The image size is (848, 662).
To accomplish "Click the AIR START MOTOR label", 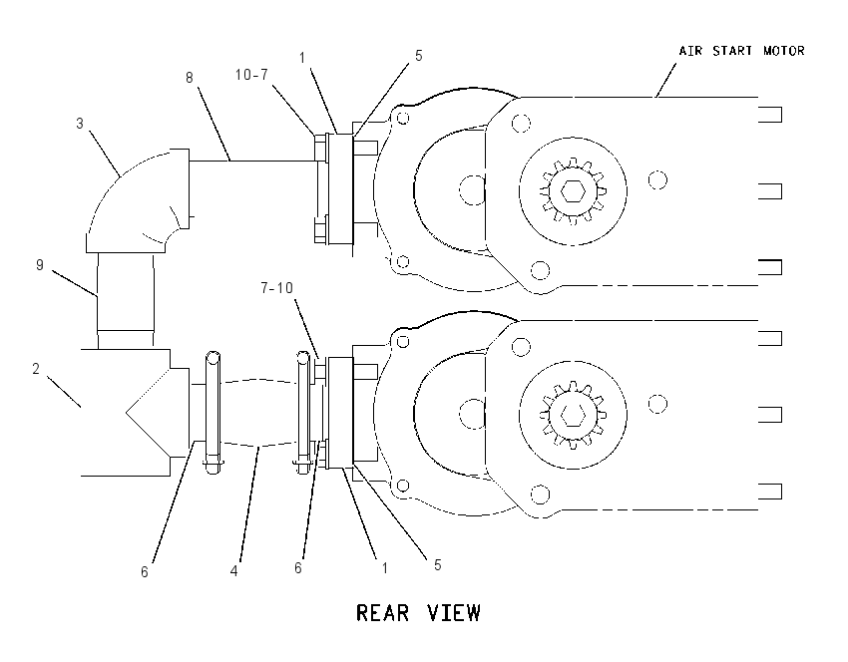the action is coord(741,51).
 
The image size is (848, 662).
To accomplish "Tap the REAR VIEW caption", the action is coord(418,613).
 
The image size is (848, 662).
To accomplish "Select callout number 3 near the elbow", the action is coord(80,124).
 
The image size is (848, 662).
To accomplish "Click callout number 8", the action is coord(190,78).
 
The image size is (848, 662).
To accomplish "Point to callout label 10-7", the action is coord(251,75).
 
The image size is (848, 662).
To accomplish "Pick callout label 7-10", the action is coord(277,288).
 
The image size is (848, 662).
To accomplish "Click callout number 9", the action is coord(40,265).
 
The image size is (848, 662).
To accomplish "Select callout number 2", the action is coord(36,369).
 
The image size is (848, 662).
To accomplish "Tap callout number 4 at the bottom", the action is coord(234,570).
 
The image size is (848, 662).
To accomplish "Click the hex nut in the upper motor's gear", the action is coord(573,190).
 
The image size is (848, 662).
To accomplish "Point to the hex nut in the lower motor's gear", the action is coord(573,415).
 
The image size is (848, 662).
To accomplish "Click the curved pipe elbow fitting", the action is coord(139,200).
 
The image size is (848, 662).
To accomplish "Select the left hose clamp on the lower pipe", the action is coord(212,413).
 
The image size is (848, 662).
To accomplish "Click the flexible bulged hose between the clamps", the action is coord(260,413).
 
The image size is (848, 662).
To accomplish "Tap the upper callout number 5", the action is coord(419,56).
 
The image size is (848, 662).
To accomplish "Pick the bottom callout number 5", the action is coord(438,565).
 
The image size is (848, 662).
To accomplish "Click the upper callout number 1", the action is coord(302,57).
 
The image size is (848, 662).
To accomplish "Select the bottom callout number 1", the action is coord(384,568).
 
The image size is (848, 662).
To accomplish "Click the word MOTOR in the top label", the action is coord(784,51).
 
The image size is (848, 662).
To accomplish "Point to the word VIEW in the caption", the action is coord(454,613).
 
